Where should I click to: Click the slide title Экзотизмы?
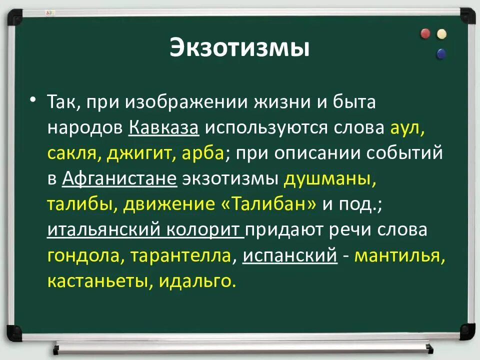coord(239,48)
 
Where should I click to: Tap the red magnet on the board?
coord(425,33)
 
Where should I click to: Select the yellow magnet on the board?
coord(441,34)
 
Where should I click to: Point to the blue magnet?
coord(441,53)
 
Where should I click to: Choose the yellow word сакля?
coord(73,153)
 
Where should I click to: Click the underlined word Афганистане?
coord(119,179)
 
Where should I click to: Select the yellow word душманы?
coord(329,179)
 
